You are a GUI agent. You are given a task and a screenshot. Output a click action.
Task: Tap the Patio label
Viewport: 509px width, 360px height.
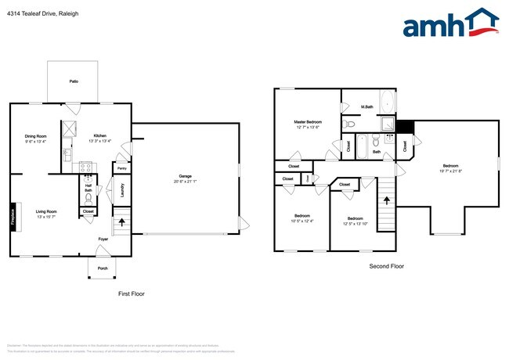(74, 81)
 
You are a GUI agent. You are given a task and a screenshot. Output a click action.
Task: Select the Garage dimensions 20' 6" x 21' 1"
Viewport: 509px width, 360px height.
(186, 182)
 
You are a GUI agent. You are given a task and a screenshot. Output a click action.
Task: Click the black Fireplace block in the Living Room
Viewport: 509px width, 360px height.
(13, 215)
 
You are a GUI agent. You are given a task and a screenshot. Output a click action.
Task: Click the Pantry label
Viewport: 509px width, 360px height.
(121, 168)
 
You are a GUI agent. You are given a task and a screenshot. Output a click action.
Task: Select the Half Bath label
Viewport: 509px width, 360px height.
(88, 188)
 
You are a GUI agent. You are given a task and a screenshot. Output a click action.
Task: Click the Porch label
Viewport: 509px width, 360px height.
(103, 268)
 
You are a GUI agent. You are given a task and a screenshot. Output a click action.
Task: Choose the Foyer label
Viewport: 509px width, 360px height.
(103, 239)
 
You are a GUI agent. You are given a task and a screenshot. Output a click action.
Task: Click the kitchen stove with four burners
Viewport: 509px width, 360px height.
(86, 167)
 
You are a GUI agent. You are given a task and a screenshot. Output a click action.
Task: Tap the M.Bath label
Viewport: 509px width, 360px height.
(366, 106)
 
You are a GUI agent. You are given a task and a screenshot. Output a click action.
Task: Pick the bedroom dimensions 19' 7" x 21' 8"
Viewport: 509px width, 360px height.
(450, 171)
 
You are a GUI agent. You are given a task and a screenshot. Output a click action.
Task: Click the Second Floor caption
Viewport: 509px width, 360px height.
(387, 266)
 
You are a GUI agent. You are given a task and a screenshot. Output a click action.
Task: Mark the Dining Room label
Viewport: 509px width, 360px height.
(35, 136)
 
